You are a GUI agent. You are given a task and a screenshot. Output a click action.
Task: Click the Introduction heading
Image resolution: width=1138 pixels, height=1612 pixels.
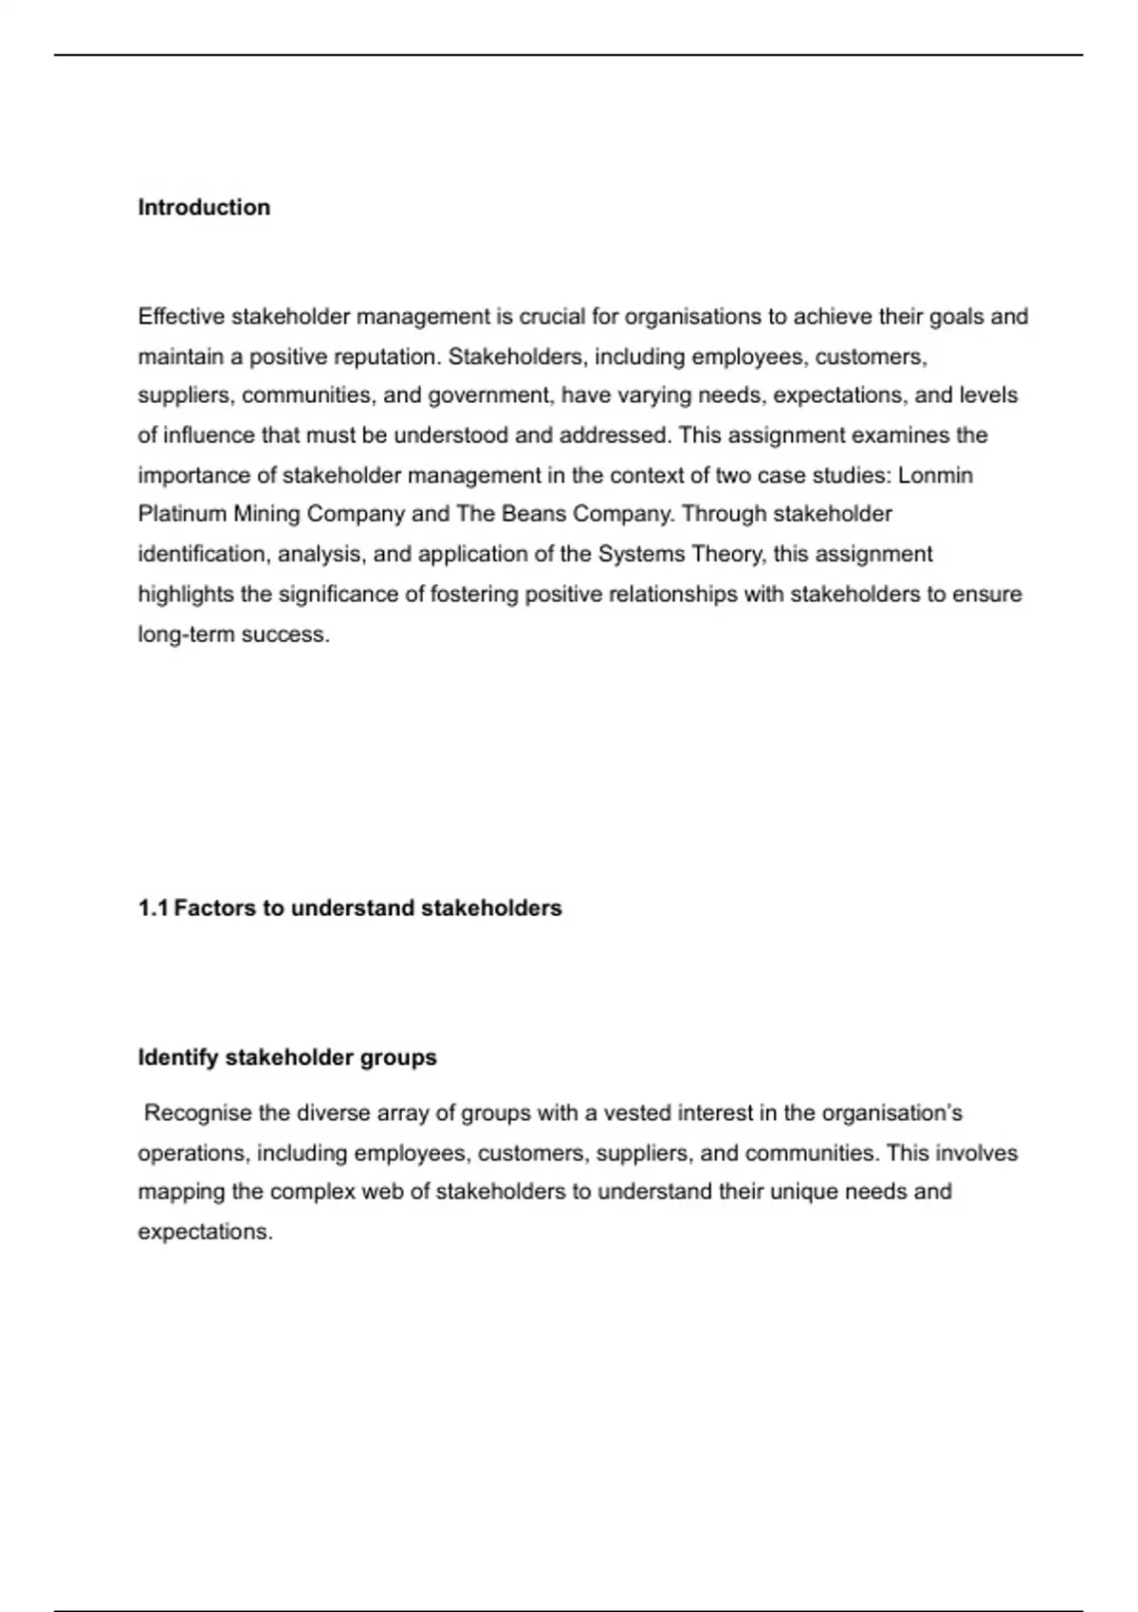click(x=204, y=208)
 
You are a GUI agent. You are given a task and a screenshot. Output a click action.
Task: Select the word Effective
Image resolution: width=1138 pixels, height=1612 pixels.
click(x=181, y=317)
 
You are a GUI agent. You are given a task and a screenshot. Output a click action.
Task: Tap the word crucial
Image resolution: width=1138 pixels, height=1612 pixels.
click(x=551, y=317)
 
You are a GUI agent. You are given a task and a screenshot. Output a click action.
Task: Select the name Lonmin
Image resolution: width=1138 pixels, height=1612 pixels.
click(x=935, y=475)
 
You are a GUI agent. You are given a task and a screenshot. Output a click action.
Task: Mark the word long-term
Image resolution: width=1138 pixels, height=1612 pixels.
click(x=186, y=634)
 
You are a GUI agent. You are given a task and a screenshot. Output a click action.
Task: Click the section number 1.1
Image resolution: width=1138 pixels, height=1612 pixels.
click(x=153, y=908)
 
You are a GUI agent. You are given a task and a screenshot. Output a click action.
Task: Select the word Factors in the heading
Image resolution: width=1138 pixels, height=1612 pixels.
click(x=215, y=908)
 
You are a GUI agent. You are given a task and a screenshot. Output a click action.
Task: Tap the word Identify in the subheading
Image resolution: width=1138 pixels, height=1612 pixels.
click(x=178, y=1057)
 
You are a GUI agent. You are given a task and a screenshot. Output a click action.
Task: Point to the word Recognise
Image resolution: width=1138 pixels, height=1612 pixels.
click(x=197, y=1113)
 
